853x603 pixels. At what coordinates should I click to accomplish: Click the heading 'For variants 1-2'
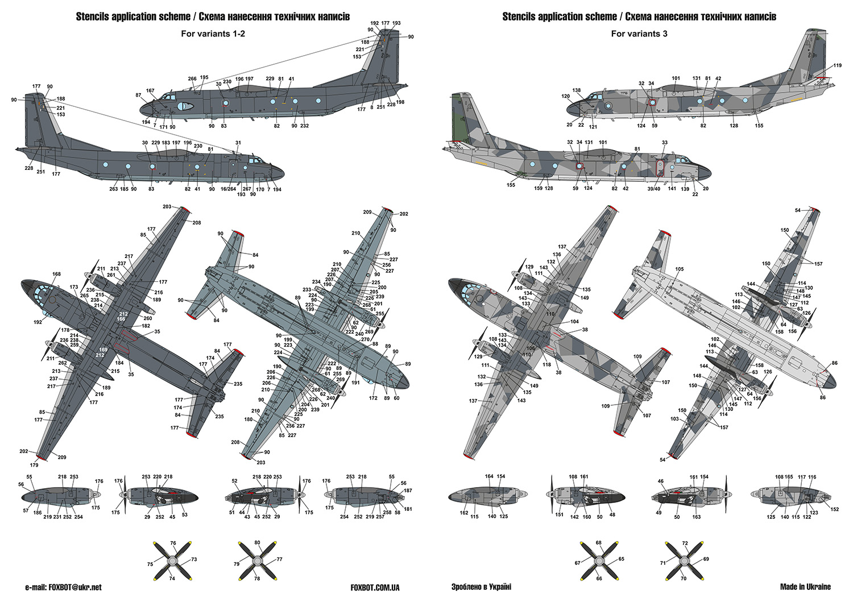(213, 34)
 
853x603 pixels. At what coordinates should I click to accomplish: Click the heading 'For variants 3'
(639, 34)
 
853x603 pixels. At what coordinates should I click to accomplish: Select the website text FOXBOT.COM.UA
(375, 588)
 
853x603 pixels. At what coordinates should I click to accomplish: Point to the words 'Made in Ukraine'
(805, 587)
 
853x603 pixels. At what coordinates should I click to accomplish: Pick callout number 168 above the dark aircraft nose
(56, 274)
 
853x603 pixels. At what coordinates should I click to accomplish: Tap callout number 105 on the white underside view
(680, 269)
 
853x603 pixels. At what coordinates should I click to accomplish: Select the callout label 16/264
(228, 189)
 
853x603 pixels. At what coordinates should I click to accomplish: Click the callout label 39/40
(653, 189)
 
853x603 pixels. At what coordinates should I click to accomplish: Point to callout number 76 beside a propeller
(173, 543)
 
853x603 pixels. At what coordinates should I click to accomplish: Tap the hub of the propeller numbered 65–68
(599, 560)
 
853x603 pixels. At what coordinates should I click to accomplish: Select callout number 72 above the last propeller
(685, 543)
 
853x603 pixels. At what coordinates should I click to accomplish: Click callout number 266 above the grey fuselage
(192, 79)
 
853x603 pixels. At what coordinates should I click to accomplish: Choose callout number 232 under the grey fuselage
(304, 126)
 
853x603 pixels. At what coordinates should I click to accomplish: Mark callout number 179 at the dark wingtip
(34, 465)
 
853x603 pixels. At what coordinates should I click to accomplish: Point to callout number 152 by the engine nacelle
(834, 509)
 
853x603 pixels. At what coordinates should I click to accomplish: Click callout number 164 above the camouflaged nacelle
(489, 476)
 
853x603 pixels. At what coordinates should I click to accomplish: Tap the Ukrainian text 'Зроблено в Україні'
(481, 587)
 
